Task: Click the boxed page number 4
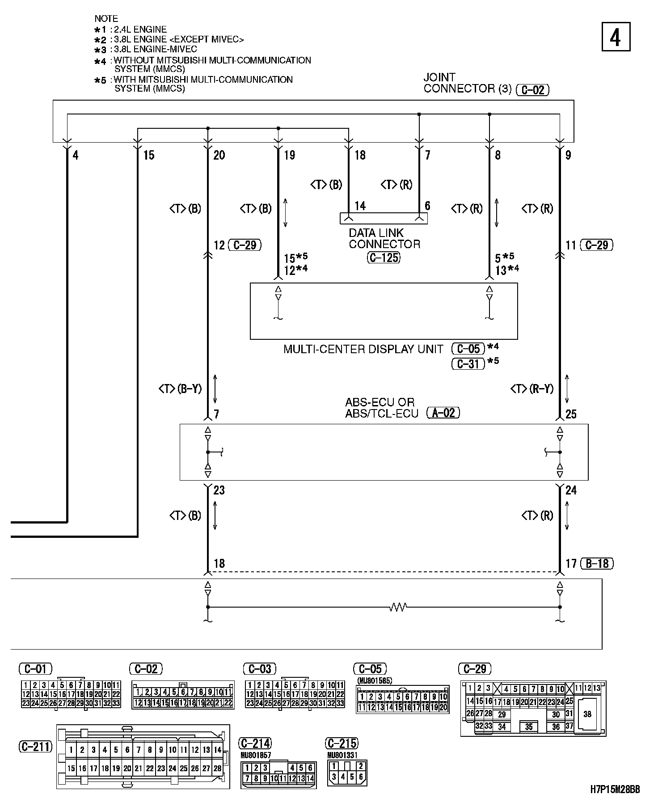[615, 37]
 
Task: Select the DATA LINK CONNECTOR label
[384, 239]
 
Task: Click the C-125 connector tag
[383, 258]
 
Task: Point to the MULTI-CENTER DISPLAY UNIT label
[363, 349]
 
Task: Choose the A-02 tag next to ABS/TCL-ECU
[443, 412]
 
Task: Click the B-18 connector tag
[597, 563]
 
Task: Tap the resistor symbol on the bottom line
[397, 607]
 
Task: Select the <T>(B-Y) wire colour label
[180, 389]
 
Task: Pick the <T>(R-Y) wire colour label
[531, 389]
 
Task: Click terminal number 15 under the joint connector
[148, 155]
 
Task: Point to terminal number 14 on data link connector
[360, 206]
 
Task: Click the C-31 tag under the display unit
[468, 364]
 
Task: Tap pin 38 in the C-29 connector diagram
[587, 714]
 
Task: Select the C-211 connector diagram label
[36, 746]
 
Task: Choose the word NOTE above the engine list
[106, 19]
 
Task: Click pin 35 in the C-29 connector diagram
[528, 727]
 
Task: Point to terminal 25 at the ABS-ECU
[571, 414]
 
